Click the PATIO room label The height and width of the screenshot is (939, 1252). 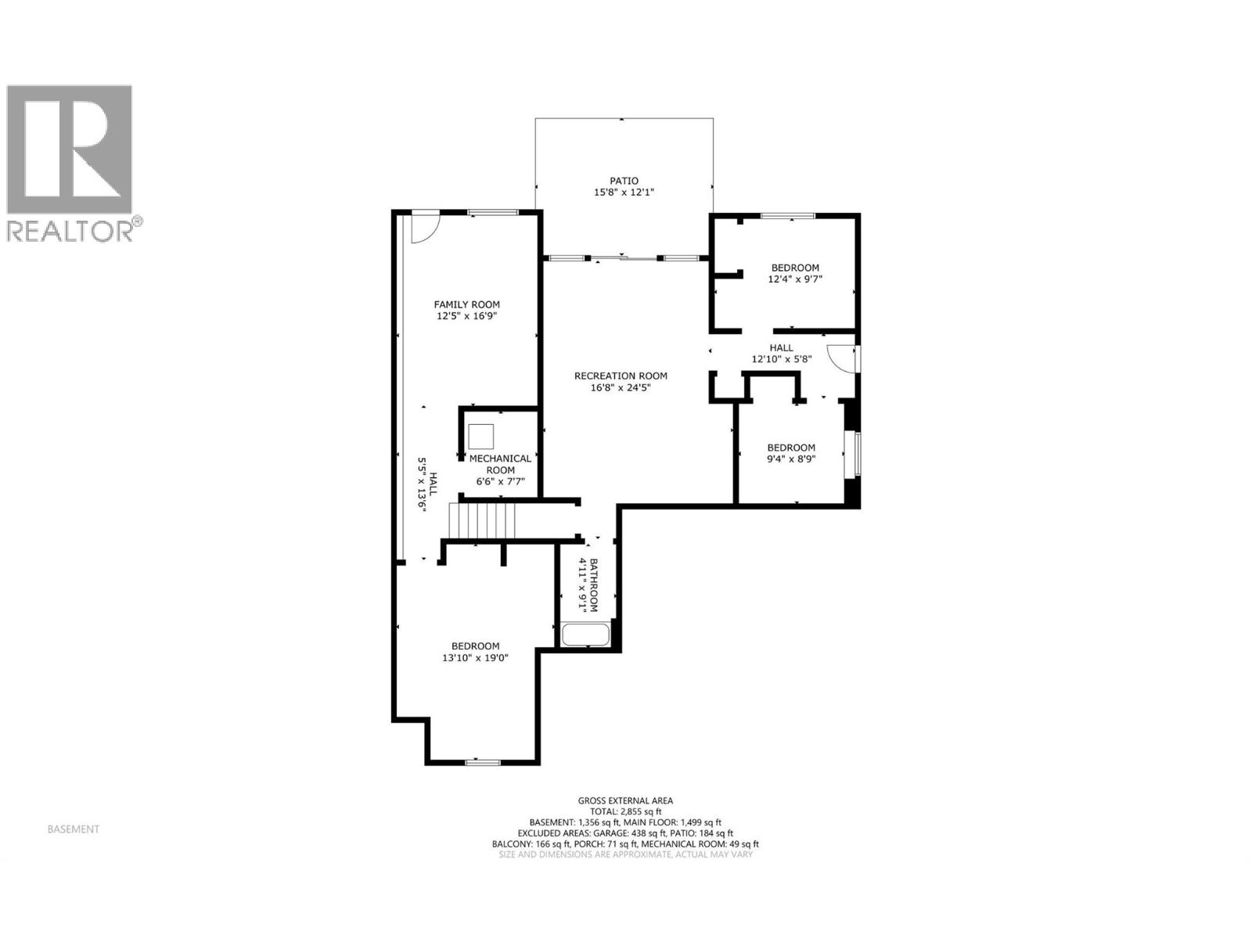click(624, 181)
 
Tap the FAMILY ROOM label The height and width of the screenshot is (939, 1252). click(466, 305)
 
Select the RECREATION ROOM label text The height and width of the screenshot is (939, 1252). click(621, 376)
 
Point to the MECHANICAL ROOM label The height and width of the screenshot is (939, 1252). click(500, 464)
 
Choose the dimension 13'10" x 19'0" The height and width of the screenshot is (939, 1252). click(475, 658)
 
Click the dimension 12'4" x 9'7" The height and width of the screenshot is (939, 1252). click(795, 279)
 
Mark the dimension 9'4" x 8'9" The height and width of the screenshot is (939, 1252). click(790, 459)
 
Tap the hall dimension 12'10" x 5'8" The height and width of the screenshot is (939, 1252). click(781, 359)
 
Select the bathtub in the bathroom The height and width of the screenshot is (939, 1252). click(585, 634)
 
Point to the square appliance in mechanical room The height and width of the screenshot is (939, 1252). click(480, 436)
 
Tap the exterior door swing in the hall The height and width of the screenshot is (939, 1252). click(842, 359)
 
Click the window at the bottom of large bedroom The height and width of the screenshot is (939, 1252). click(483, 761)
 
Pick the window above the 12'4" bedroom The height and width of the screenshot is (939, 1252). click(788, 215)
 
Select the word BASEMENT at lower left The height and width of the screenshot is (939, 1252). click(74, 829)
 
